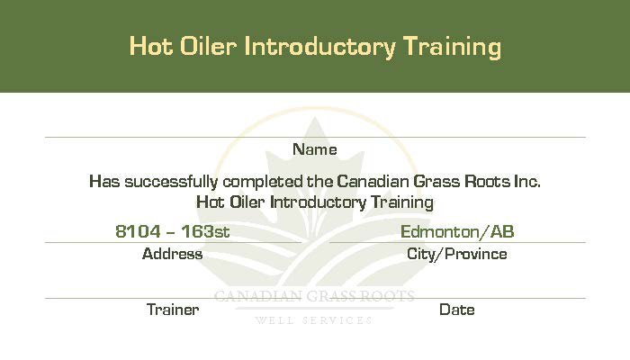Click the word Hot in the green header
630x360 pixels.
coord(151,46)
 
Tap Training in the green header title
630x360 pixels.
coord(452,48)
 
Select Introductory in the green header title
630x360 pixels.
coord(319,48)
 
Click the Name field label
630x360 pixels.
coord(315,149)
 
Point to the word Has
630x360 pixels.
coord(104,181)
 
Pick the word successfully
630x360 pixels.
coord(172,182)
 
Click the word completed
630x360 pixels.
coord(263,183)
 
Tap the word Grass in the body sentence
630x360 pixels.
coord(436,181)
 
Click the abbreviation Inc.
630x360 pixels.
coord(527,181)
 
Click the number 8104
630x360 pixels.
coord(138,231)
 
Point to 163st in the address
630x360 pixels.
coord(205,231)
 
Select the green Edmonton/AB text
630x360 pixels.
coord(457,232)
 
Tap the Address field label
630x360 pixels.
coord(173,254)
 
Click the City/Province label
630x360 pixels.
coord(457,255)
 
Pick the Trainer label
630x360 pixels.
coord(173,310)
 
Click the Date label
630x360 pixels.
coord(457,310)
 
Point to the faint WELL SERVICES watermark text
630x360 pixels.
coord(314,320)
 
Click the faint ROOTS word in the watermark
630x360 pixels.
coord(386,296)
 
